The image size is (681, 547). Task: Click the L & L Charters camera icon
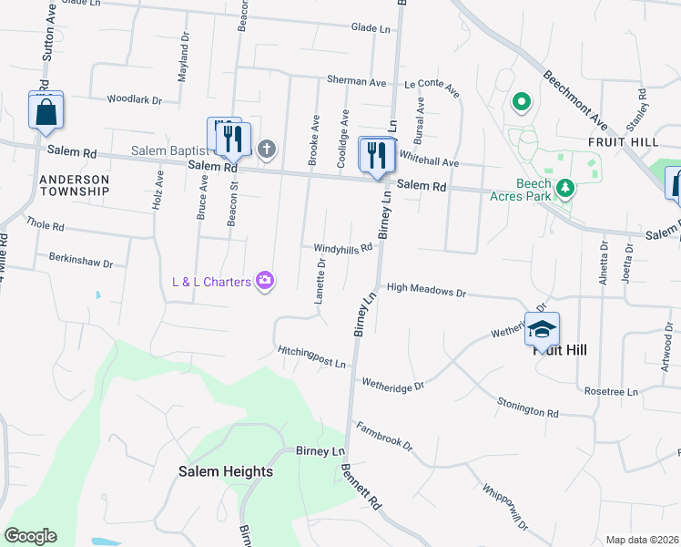pos(265,281)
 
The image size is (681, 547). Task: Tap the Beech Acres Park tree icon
pos(566,188)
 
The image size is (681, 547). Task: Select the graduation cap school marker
pos(542,329)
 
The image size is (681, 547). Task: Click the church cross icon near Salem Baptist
pos(267,149)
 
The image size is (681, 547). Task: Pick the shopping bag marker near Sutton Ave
pos(46,113)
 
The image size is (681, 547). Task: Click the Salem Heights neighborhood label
pos(225,471)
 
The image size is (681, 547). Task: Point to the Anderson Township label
pos(75,185)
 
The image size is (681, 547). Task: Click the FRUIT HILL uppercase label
pos(623,142)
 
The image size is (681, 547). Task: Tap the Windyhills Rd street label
pos(343,248)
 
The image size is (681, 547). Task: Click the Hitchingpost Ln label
pos(312,358)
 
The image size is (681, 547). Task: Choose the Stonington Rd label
pos(527,408)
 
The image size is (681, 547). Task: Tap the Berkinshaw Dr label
pos(81,263)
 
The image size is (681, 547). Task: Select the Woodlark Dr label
pos(134,99)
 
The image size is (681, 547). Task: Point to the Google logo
pos(30,536)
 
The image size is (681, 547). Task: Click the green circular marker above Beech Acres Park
pos(522,102)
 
